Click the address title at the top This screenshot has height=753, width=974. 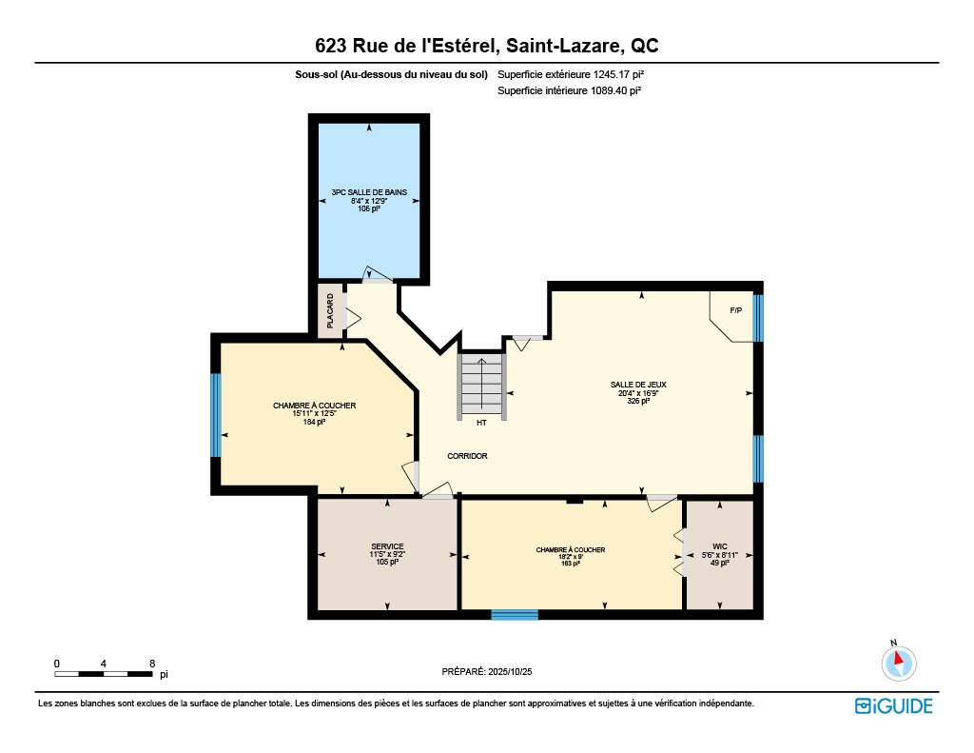pyautogui.click(x=486, y=46)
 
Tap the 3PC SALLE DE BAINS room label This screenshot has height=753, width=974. pyautogui.click(x=368, y=192)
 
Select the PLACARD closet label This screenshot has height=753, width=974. pyautogui.click(x=330, y=310)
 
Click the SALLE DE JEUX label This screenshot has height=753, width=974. pyautogui.click(x=638, y=385)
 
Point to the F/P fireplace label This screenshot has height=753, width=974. pyautogui.click(x=735, y=311)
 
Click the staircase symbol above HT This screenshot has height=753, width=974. pyautogui.click(x=481, y=386)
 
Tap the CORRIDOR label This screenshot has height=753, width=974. pyautogui.click(x=467, y=456)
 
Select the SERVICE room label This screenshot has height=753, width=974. pyautogui.click(x=387, y=546)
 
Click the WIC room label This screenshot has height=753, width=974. pyautogui.click(x=719, y=546)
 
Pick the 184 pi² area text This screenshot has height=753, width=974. pyautogui.click(x=314, y=422)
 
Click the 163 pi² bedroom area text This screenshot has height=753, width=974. pyautogui.click(x=571, y=564)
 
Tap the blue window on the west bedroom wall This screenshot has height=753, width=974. pyautogui.click(x=216, y=414)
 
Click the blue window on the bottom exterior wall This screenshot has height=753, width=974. pyautogui.click(x=515, y=615)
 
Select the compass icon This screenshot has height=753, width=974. pyautogui.click(x=898, y=662)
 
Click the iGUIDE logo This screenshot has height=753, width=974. pyautogui.click(x=893, y=705)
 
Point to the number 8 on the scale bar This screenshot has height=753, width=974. pyautogui.click(x=152, y=663)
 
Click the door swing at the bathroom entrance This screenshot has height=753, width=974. pyautogui.click(x=373, y=273)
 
